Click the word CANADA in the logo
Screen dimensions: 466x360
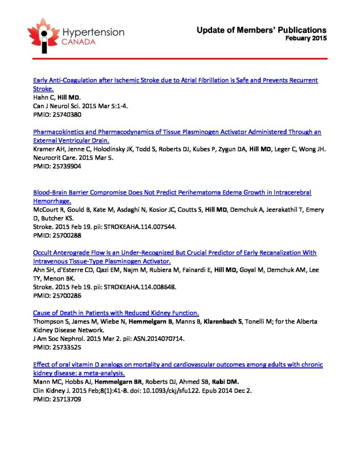(x=79, y=42)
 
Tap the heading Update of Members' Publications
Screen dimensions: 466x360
(x=261, y=30)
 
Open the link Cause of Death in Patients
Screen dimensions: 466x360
(x=116, y=313)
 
